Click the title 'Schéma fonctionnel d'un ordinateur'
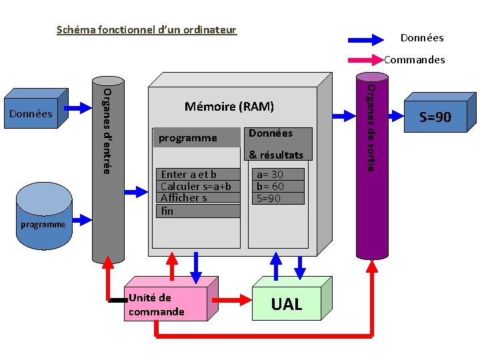[147, 30]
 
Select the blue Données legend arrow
[366, 40]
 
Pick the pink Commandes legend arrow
[366, 60]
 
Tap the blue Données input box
[36, 109]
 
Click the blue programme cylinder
[44, 216]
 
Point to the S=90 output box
[440, 113]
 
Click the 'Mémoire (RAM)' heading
[229, 107]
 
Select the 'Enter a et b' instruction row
[198, 174]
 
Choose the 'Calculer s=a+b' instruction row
[198, 186]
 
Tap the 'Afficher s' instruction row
[198, 198]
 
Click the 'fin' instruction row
[198, 211]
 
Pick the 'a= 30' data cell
[278, 174]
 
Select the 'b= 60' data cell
[278, 186]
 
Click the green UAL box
[292, 299]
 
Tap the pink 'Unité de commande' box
[171, 299]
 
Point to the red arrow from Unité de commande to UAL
[232, 300]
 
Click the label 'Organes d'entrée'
[107, 131]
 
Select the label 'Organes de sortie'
[371, 128]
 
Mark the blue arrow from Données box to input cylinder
[78, 108]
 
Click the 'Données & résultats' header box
[278, 144]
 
